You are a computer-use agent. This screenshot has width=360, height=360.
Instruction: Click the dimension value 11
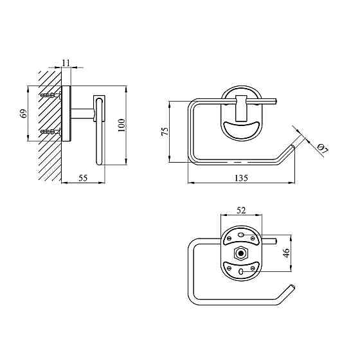[66, 63]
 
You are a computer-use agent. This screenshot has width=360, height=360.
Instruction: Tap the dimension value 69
[24, 113]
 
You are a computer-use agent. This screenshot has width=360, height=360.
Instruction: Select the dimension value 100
[122, 125]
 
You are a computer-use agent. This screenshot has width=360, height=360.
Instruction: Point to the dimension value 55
[83, 178]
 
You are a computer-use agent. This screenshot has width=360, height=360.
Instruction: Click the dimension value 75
[165, 132]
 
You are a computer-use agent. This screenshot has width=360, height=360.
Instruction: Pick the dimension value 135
[241, 178]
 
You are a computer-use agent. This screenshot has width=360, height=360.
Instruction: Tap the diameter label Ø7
[323, 148]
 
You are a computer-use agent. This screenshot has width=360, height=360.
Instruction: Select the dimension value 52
[241, 210]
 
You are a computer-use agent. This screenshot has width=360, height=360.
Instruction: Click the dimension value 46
[287, 253]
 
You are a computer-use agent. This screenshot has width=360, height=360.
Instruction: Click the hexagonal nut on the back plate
[241, 253]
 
